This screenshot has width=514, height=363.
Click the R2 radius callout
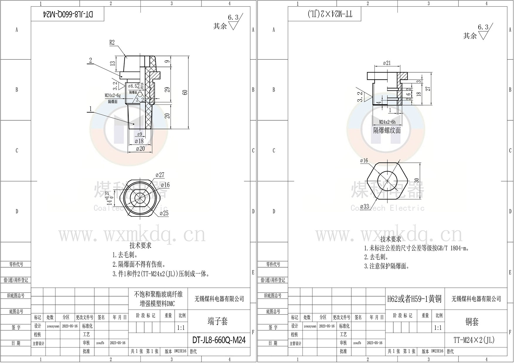coord(112,42)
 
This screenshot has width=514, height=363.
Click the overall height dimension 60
coord(185,92)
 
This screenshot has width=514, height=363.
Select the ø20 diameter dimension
coord(140,148)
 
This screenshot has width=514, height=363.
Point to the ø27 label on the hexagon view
coord(160,175)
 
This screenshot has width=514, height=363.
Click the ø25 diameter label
coord(164,213)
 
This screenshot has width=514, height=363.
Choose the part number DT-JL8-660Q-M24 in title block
coord(219,340)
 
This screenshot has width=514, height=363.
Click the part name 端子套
coord(217,321)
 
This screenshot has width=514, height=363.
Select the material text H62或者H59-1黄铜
coord(414,299)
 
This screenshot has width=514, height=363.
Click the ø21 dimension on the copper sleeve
coord(387,63)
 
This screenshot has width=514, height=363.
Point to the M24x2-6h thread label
coord(387,122)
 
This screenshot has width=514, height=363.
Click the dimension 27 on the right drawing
coord(428,88)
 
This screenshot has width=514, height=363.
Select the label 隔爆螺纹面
coord(387,131)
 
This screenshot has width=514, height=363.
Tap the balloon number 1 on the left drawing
coord(91,109)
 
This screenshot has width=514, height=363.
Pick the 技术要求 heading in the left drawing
coord(140,245)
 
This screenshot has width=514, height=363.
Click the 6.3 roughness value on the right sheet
coord(483,27)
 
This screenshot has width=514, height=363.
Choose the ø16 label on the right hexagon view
coord(364,160)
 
